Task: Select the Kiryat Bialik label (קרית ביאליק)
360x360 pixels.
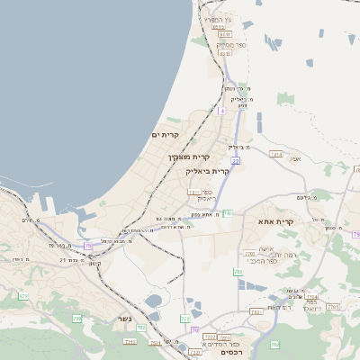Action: tap(207, 170)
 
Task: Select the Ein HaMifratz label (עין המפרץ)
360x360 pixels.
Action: tap(217, 19)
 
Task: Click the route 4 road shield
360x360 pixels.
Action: tap(221, 110)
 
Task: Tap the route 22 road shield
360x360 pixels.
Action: tap(235, 160)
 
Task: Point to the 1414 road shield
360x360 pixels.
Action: tap(276, 155)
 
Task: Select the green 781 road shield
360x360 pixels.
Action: tap(229, 213)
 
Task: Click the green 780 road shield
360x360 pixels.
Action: tap(238, 271)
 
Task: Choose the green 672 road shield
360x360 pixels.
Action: tap(24, 295)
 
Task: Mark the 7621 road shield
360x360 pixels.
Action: tap(256, 311)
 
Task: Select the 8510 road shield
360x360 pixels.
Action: tap(219, 27)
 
